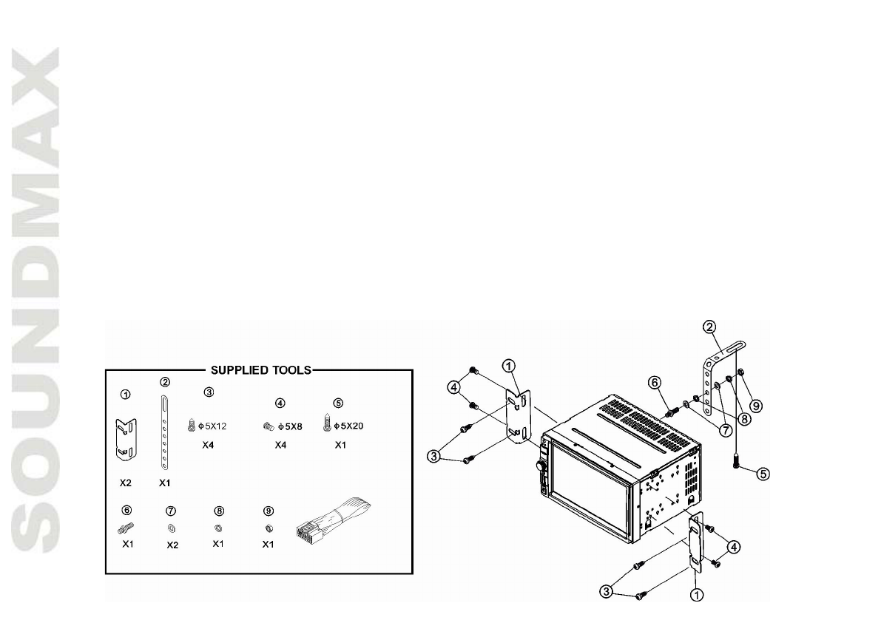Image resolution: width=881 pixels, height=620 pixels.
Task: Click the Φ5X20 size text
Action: [350, 426]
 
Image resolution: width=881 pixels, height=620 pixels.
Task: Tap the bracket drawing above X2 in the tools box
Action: [125, 437]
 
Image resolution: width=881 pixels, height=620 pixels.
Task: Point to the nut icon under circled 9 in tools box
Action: [270, 528]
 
